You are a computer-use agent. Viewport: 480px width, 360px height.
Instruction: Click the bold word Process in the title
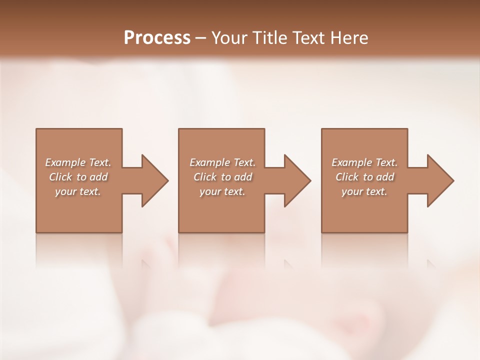coord(157,38)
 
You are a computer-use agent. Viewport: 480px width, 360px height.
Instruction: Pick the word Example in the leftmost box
coord(65,162)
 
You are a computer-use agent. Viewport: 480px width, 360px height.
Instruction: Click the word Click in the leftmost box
coord(60,177)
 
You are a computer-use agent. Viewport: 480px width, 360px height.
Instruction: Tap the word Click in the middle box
coord(205,177)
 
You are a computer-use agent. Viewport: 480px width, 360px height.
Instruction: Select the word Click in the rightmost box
coord(347,177)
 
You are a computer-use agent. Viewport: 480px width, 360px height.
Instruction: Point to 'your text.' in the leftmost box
coord(78,191)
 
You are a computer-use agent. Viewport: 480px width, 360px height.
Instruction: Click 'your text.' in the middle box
coord(222,191)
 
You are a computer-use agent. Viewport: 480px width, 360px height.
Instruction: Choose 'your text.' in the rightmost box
coord(364,191)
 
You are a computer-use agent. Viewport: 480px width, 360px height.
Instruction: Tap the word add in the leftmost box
coord(99,177)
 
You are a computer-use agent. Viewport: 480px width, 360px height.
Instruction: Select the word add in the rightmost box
coord(385,177)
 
